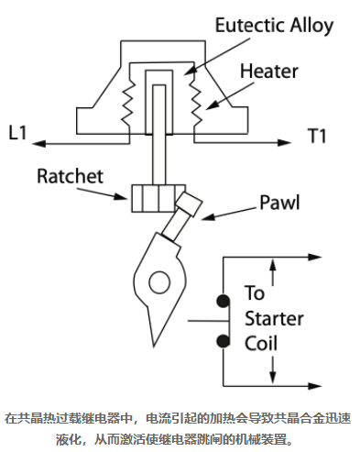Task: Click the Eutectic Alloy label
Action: click(x=274, y=26)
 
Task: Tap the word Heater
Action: click(x=269, y=72)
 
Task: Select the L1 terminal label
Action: click(x=17, y=133)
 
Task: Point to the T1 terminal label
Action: click(x=317, y=136)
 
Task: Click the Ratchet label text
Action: click(x=71, y=176)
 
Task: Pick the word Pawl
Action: click(x=279, y=203)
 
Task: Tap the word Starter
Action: click(x=274, y=318)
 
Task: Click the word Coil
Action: click(x=261, y=343)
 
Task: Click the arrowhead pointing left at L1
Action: click(x=38, y=143)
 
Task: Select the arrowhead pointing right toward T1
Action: click(x=284, y=142)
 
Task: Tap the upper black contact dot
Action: click(x=224, y=301)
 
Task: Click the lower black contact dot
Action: click(x=224, y=341)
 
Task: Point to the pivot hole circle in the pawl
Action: click(x=159, y=281)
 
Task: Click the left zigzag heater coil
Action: click(x=128, y=105)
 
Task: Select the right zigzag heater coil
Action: click(x=195, y=105)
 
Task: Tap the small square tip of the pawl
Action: click(x=189, y=204)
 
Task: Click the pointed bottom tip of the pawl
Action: click(x=154, y=346)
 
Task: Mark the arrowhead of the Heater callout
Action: click(x=213, y=105)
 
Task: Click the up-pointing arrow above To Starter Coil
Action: click(x=273, y=272)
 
